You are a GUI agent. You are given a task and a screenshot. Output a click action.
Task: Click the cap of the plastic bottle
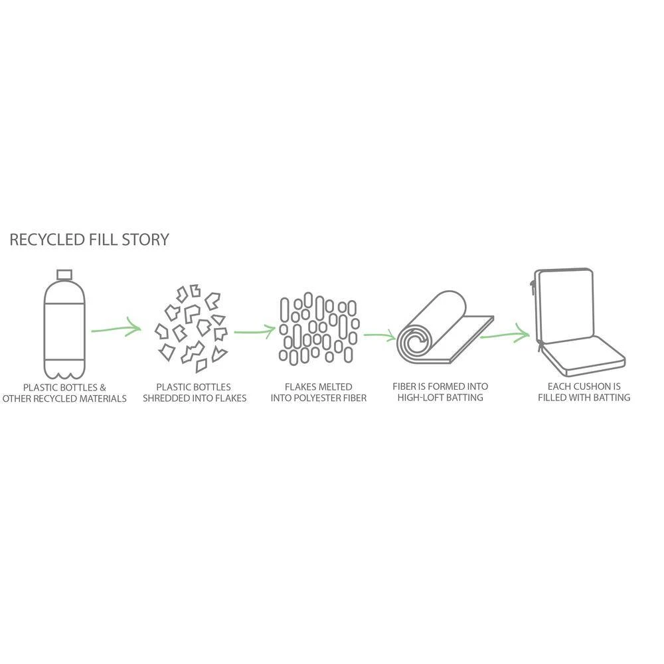[x=64, y=275]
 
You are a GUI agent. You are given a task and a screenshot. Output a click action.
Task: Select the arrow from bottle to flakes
[x=117, y=328]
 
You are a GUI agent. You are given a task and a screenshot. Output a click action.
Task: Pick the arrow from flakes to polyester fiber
[x=254, y=330]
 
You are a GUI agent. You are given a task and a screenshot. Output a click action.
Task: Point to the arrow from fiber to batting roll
[x=380, y=336]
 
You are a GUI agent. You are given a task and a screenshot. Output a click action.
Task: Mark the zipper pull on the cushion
[x=535, y=286]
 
